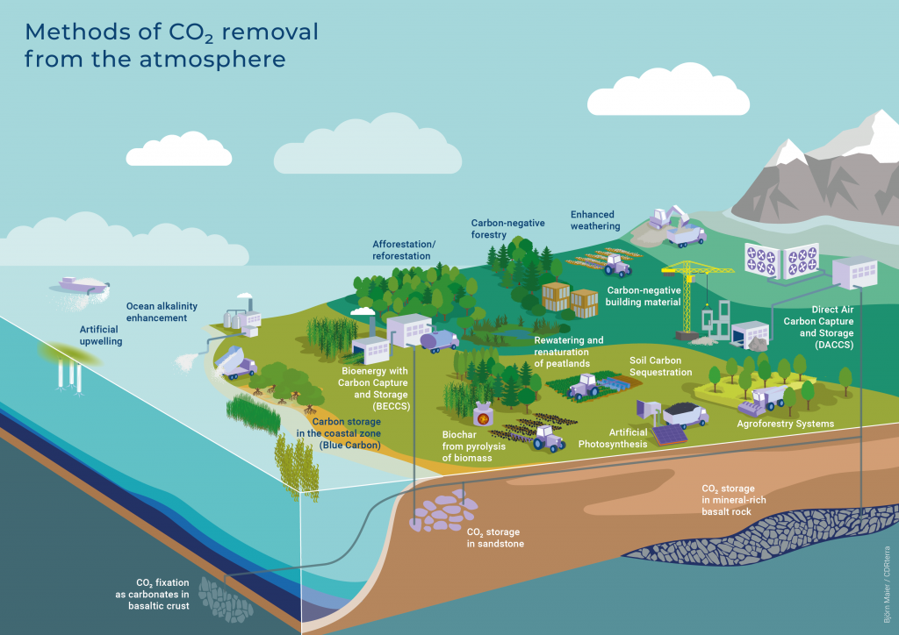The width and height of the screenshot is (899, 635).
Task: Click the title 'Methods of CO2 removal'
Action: click(171, 33)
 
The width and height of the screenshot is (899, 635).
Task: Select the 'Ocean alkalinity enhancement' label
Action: click(162, 311)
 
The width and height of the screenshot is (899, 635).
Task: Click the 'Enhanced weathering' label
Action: click(595, 220)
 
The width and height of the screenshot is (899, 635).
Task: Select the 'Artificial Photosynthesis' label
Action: click(613, 438)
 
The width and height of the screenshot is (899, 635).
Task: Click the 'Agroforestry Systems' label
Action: click(786, 425)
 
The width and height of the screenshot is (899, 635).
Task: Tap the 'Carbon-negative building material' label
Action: click(644, 296)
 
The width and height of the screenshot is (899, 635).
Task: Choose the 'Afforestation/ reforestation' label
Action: click(402, 250)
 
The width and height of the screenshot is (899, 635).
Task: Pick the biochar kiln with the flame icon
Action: click(483, 413)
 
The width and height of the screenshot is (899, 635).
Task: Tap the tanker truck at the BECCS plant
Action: click(438, 339)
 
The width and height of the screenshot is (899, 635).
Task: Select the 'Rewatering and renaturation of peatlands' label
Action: click(569, 352)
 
